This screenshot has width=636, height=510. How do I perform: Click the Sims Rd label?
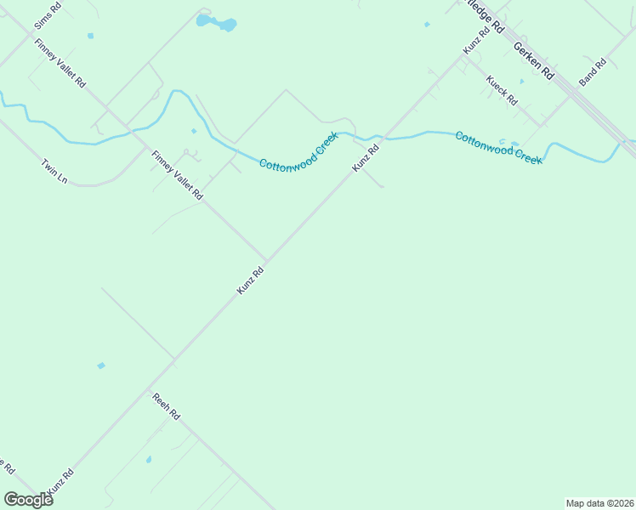coord(48,16)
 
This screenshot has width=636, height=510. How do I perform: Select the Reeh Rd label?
coord(166,406)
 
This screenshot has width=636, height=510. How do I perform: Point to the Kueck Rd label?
coord(502,90)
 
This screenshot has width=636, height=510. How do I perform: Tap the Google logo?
coord(28,500)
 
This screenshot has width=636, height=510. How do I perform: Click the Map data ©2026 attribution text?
coord(600,503)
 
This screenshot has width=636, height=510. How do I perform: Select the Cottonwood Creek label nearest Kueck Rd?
coord(498,148)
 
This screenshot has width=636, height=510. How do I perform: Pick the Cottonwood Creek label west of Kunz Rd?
coord(298,150)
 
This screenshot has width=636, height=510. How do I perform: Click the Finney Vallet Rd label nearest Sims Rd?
coord(60,64)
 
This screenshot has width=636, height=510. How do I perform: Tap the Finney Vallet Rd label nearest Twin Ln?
coord(177,175)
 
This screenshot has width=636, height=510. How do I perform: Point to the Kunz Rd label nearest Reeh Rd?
coord(250,281)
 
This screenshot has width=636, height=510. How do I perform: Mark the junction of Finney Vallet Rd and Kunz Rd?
coord(266,261)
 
